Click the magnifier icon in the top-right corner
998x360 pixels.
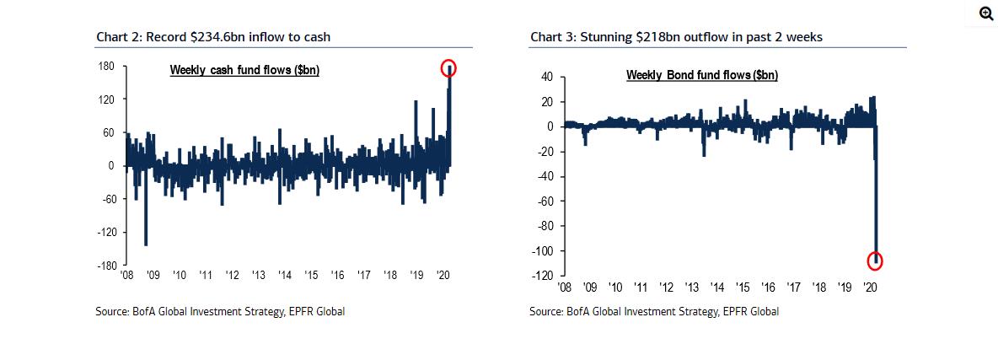(x=985, y=13)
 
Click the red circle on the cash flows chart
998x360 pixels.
(x=448, y=67)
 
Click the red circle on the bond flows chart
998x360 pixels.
(x=874, y=261)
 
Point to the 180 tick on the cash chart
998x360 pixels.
(x=106, y=66)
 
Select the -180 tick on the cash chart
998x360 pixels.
(x=105, y=266)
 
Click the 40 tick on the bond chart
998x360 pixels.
(x=546, y=77)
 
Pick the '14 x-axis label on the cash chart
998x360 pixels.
(x=285, y=275)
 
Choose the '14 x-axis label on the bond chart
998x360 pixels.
(x=717, y=287)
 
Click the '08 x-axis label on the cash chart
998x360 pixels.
(x=127, y=275)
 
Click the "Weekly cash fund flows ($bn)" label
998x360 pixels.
(x=244, y=70)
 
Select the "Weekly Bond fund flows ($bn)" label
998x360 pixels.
(x=701, y=75)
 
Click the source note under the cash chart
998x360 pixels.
(x=220, y=312)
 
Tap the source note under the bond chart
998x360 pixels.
(x=654, y=312)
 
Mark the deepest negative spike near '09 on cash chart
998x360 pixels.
(x=145, y=244)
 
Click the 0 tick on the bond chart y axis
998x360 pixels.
(x=550, y=126)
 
